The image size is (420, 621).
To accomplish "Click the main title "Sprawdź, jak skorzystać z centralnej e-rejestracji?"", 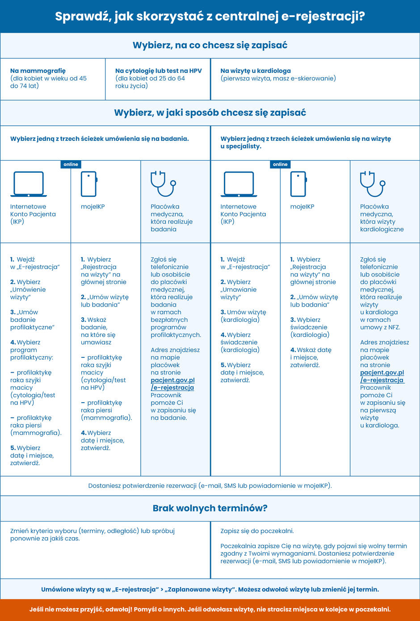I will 210,17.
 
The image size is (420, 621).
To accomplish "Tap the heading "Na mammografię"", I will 38,71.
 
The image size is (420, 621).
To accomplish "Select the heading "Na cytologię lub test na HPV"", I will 158,71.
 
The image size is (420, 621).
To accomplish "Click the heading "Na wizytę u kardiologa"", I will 256,71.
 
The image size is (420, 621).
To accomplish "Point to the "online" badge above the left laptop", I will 71,164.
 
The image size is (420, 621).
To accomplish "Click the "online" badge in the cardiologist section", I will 280,164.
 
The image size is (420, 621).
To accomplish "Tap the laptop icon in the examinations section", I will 29,184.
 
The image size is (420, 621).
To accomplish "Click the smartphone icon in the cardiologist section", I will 298,184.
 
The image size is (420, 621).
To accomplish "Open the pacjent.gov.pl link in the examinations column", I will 172,384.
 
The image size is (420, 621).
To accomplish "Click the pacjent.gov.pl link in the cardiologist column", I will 382,376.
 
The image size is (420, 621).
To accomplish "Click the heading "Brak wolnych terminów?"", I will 210,508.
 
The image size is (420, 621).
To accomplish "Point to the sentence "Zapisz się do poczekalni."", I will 257,531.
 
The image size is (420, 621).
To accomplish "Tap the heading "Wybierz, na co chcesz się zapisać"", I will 210,45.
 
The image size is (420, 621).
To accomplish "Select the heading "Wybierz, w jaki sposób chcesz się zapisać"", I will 210,113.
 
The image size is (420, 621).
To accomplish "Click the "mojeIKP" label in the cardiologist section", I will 302,207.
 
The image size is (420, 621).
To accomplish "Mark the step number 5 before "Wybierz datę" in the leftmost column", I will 13,448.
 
